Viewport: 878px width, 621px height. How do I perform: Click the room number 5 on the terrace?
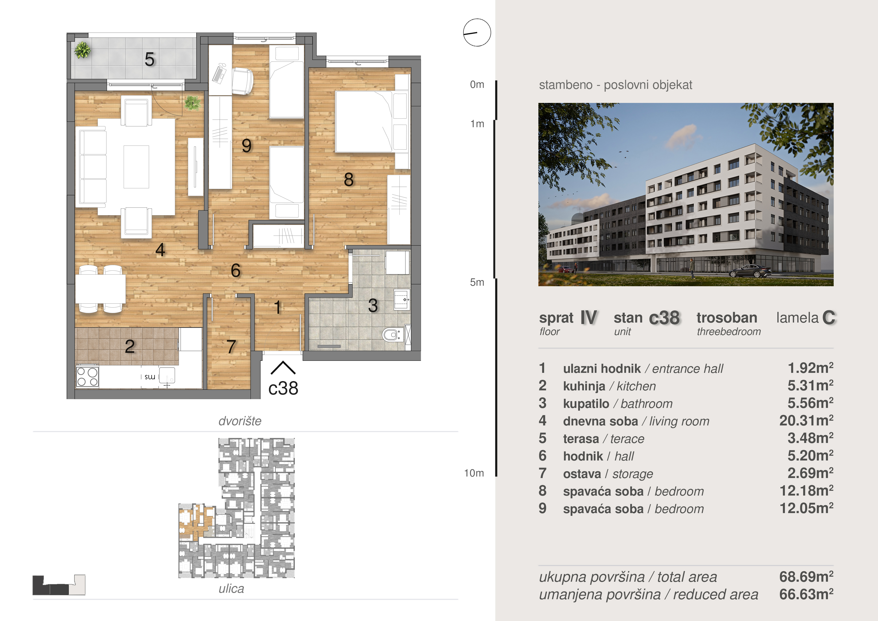tap(149, 59)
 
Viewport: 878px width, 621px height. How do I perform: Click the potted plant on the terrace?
tap(82, 50)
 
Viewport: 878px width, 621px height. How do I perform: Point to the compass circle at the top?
tap(477, 33)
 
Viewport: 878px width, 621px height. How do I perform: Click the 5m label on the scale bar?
tap(477, 282)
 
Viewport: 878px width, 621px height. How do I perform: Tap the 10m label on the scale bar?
tap(474, 473)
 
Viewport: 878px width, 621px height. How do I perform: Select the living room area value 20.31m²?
tap(806, 420)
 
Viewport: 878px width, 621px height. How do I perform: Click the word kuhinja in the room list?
tap(584, 386)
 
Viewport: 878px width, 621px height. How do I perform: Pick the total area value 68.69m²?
tap(806, 577)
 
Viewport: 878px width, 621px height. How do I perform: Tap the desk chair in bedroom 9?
tap(243, 81)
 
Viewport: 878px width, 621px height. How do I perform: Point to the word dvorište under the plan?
tap(240, 421)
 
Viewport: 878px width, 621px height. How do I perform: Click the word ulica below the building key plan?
tap(231, 588)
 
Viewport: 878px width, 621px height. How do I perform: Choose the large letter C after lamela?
tap(829, 318)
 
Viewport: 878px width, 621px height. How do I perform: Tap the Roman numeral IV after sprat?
tap(588, 318)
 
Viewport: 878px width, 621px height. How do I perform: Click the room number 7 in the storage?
tap(231, 347)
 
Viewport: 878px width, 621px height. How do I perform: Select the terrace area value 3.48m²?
tap(810, 438)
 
